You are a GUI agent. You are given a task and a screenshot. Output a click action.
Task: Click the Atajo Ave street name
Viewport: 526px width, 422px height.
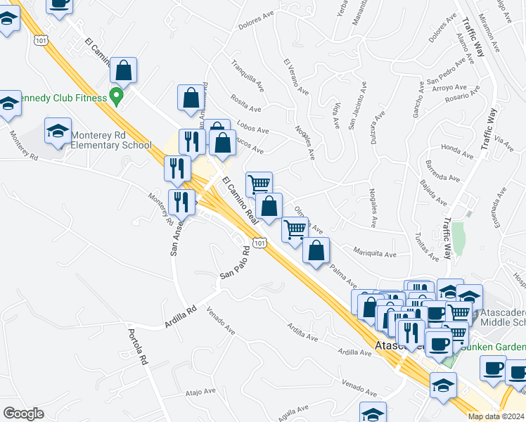[200, 392]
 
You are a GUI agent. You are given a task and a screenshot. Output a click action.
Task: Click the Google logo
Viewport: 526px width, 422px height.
[23, 413]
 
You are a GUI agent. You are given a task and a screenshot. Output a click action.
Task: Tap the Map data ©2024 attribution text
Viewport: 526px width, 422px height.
[496, 416]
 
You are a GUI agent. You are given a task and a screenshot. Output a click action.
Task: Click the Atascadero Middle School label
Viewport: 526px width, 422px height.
[502, 316]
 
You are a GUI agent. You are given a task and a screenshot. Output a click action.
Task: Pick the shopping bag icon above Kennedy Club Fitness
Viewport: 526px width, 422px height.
[124, 71]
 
